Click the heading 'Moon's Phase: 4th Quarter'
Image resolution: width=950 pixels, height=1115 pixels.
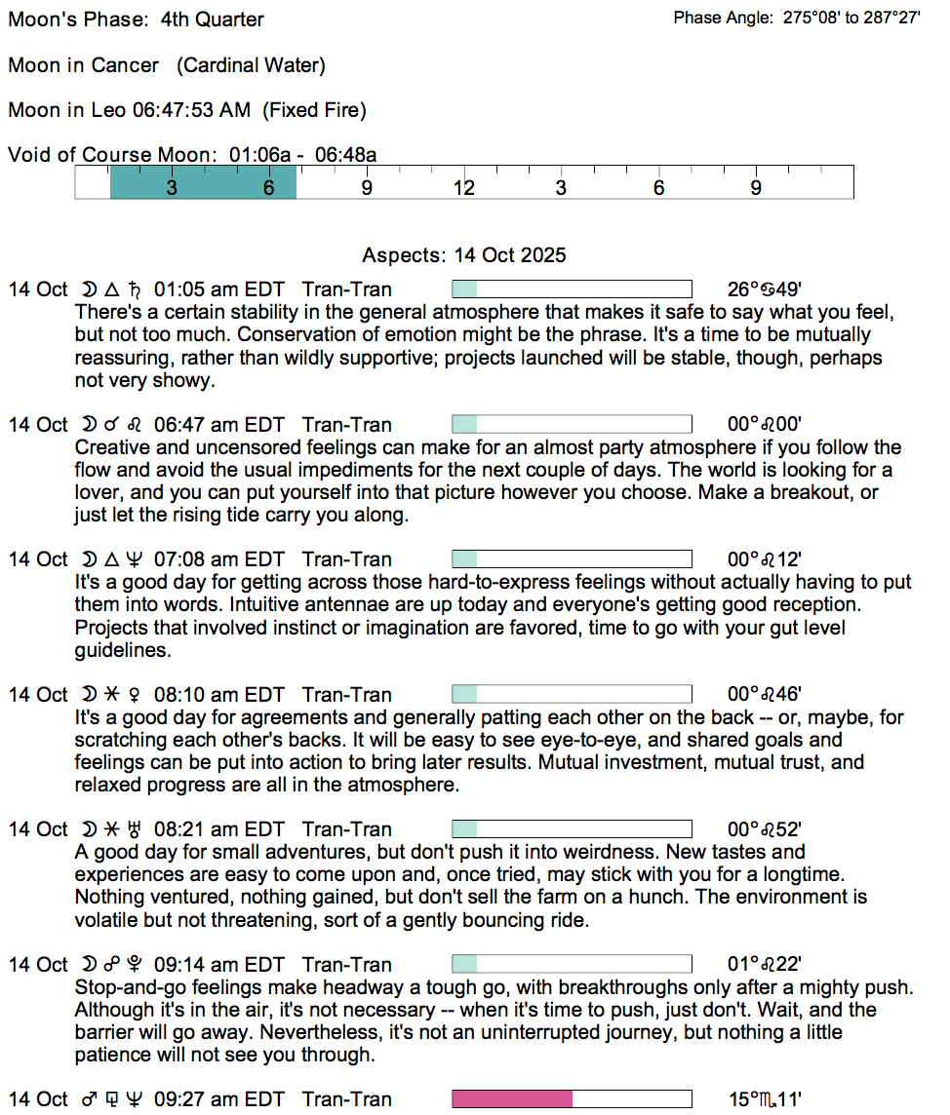coord(136,19)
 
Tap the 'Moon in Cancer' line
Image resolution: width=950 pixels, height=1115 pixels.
coord(84,65)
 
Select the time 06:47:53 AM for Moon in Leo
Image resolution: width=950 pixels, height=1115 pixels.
coord(191,110)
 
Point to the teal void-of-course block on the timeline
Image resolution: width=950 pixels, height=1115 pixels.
coord(203,182)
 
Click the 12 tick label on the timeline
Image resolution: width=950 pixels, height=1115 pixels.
coord(463,188)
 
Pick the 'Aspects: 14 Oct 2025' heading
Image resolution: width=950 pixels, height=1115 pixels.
coord(463,255)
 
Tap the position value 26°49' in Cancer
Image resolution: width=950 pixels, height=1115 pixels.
coord(765,289)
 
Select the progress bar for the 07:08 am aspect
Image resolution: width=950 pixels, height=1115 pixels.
coord(572,559)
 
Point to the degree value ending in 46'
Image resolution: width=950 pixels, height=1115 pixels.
coord(765,695)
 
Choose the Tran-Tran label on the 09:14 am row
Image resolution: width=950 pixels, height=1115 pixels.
coord(347,965)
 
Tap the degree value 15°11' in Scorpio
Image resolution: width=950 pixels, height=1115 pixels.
coord(765,1099)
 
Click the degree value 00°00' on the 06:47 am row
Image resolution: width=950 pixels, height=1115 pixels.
coord(765,425)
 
